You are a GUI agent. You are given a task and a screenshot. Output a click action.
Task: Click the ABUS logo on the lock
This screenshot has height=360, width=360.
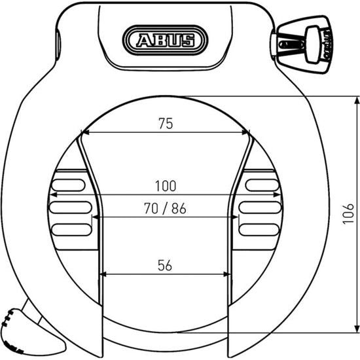pos(166,41)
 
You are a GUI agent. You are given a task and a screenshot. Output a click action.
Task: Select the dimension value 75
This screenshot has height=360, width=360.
pos(166,123)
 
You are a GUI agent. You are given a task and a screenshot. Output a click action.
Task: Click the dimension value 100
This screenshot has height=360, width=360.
pos(166,186)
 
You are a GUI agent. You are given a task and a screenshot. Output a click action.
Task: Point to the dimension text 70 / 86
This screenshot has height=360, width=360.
pos(166,209)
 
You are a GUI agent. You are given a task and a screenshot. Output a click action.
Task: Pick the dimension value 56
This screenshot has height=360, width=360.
pos(166,264)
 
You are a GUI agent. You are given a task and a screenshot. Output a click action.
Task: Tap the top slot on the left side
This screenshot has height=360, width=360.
pos(69,185)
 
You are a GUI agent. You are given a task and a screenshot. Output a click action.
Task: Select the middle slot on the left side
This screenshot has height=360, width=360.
pos(69,207)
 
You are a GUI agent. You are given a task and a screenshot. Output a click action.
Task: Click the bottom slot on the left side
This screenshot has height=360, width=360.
pos(69,229)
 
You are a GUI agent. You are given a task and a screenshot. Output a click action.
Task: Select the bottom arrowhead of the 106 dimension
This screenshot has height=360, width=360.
pos(357,327)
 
